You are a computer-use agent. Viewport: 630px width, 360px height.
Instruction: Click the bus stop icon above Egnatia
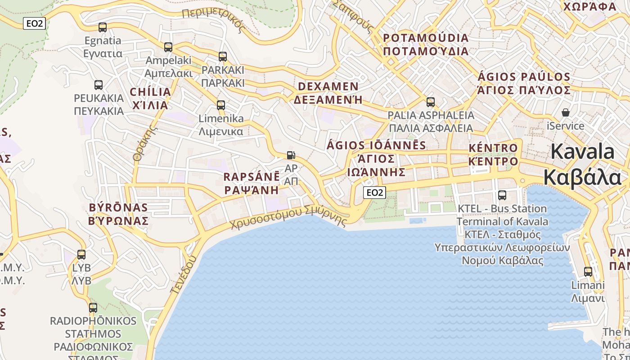click(103, 27)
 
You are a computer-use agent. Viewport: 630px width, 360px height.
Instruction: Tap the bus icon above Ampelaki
click(168, 47)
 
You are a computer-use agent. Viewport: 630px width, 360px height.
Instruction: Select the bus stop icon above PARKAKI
click(223, 57)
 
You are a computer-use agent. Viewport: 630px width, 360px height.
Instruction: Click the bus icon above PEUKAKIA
click(99, 85)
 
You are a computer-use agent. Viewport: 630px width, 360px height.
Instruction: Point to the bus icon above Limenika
click(221, 105)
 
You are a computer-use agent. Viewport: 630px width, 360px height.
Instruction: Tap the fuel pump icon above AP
click(291, 155)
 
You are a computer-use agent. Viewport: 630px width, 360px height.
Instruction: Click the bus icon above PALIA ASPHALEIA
click(431, 102)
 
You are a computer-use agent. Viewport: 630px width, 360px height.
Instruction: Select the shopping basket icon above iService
click(566, 112)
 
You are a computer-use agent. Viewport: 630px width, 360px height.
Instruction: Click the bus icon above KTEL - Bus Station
click(502, 195)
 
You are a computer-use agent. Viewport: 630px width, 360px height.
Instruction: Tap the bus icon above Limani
click(588, 272)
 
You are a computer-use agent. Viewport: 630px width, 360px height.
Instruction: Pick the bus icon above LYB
click(81, 255)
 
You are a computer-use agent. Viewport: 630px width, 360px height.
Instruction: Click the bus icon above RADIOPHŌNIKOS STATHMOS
click(93, 308)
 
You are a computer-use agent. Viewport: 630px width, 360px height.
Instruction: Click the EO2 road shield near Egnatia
click(35, 23)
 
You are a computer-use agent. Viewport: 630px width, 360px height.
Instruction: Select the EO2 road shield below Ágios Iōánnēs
click(374, 193)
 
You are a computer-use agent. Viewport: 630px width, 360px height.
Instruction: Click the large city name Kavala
click(582, 165)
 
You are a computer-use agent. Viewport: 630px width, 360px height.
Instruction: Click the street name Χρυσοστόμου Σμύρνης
click(289, 216)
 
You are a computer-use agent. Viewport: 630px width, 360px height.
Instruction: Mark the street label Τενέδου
click(184, 274)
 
